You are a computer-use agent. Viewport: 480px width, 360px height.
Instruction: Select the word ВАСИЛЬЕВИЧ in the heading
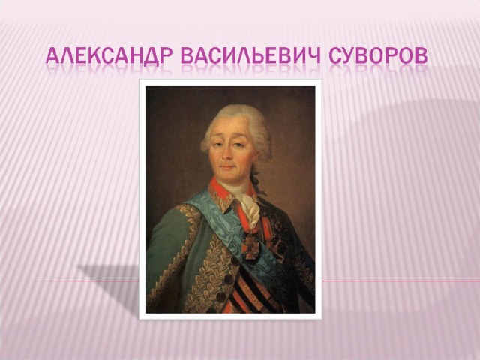pos(250,55)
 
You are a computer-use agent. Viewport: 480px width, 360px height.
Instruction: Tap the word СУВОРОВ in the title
pos(378,55)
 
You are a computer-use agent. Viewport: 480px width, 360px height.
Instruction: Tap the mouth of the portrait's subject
pos(227,167)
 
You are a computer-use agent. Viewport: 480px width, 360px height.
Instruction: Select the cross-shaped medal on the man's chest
pos(250,247)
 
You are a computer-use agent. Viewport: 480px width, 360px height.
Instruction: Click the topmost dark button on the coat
pos(235,260)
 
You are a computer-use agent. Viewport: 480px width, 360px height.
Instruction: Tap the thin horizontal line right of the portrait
pos(400,280)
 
